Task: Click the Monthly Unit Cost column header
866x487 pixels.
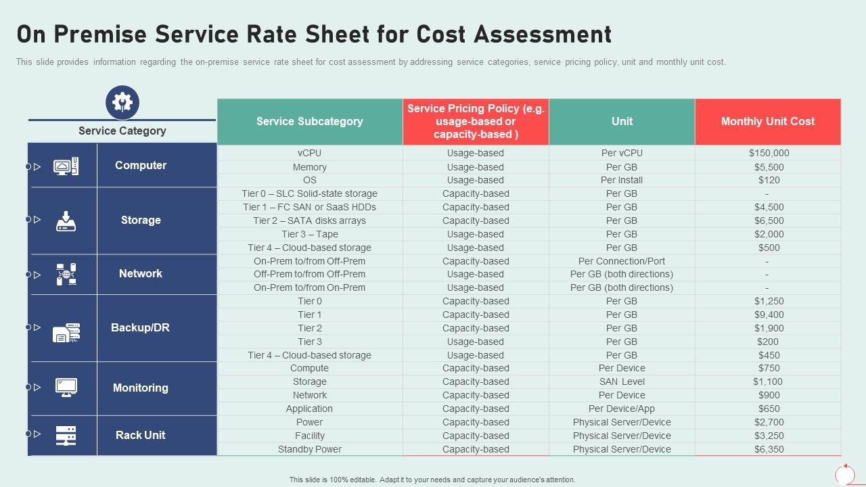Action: tap(767, 122)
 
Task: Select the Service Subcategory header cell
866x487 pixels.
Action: tap(309, 122)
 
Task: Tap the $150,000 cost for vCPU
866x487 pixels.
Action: tap(769, 154)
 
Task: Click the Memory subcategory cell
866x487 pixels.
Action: tap(309, 167)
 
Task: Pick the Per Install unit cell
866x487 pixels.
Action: tap(621, 181)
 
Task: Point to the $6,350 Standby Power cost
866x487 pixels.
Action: tap(769, 450)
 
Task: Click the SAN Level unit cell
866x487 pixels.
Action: tap(621, 382)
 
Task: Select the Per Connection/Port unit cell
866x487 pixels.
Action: tap(621, 261)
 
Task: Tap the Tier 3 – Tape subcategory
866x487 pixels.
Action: tap(309, 234)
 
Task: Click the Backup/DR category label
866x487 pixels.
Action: tap(140, 328)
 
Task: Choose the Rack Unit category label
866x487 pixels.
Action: tap(140, 436)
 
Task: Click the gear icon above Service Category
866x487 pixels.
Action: tap(122, 102)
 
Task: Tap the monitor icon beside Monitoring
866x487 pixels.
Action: tap(66, 388)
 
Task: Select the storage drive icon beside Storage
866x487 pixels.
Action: tap(66, 221)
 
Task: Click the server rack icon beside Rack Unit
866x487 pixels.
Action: tap(66, 436)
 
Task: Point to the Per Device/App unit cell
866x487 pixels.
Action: tap(621, 409)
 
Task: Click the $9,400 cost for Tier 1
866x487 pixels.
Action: tap(769, 315)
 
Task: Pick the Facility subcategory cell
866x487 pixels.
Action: tap(309, 436)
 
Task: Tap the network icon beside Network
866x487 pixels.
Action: tap(66, 274)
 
